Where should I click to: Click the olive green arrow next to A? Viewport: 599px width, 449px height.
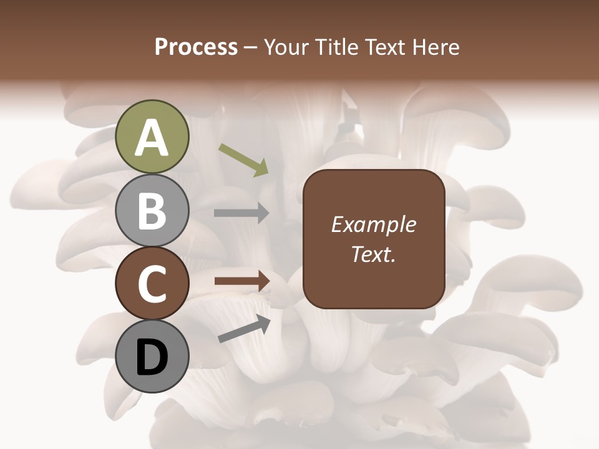click(x=243, y=160)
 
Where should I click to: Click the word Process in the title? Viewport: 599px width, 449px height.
click(x=196, y=47)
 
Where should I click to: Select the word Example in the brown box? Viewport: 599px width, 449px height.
click(x=373, y=224)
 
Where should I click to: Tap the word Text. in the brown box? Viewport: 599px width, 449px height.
click(x=373, y=254)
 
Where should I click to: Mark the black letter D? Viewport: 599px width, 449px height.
click(x=152, y=359)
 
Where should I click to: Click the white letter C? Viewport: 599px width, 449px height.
click(x=152, y=284)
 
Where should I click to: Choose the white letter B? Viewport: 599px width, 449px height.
click(x=152, y=211)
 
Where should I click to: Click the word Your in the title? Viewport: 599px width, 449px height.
click(x=286, y=47)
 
